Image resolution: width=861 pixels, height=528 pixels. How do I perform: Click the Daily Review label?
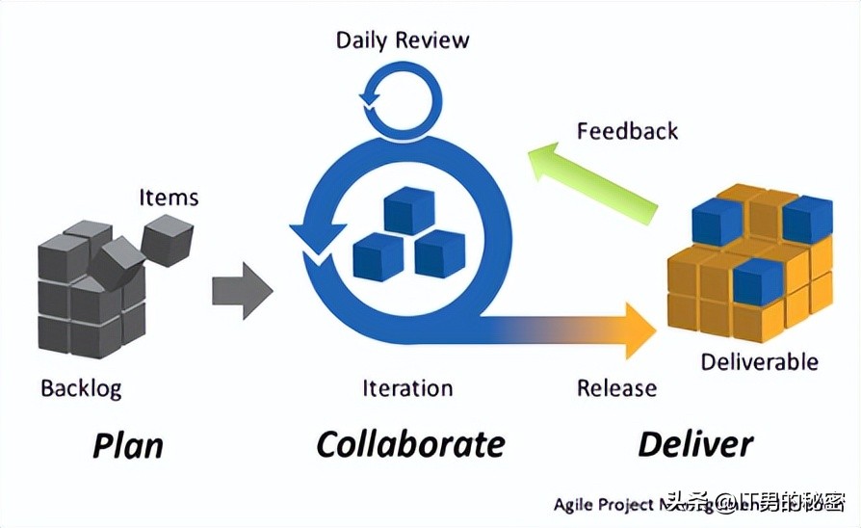point(403,40)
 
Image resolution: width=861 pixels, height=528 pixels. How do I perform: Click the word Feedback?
point(627,130)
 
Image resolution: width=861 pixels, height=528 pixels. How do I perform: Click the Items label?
point(169,198)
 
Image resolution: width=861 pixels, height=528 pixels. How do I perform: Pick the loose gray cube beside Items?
point(167,238)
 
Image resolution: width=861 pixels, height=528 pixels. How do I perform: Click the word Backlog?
point(81,388)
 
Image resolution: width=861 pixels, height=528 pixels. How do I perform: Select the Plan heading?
point(127,445)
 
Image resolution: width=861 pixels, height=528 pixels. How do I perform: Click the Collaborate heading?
point(410,444)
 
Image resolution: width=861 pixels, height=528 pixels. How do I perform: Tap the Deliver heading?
point(695,444)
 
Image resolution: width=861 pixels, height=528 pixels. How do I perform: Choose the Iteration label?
point(407,388)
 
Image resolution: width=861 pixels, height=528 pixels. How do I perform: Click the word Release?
point(616,388)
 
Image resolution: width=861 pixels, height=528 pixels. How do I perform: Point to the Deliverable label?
point(759,362)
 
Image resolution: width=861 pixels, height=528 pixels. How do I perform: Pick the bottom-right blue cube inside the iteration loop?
point(439,254)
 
